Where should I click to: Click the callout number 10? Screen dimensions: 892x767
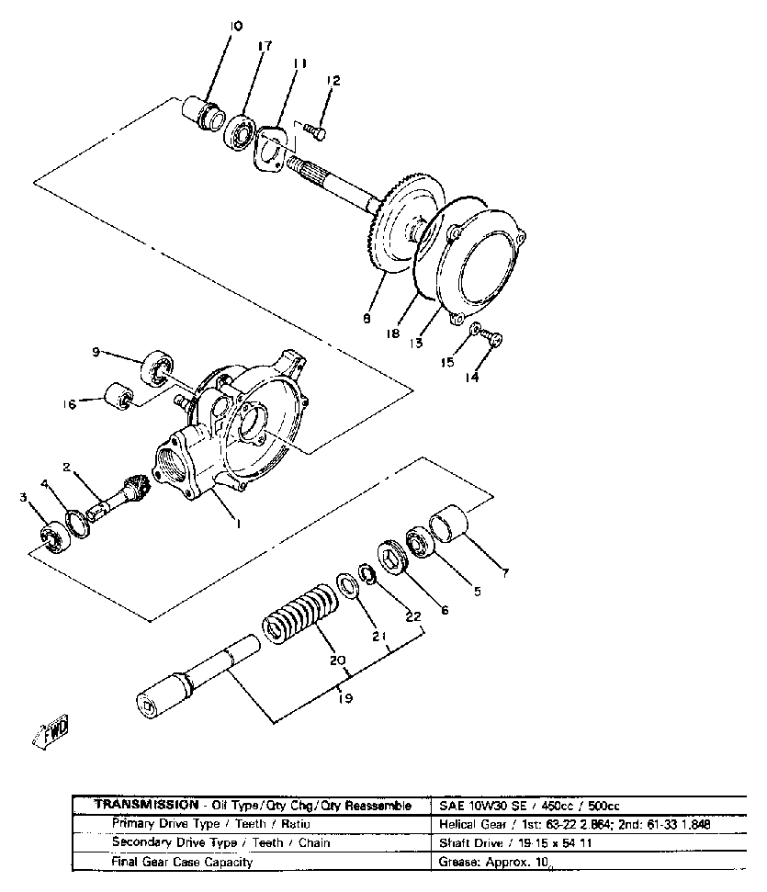tap(236, 27)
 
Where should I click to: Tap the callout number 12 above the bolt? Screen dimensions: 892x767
tap(333, 82)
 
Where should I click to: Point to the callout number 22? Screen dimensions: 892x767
tap(412, 616)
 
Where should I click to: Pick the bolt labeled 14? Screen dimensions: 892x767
tap(493, 341)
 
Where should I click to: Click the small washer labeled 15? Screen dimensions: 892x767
tap(474, 329)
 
